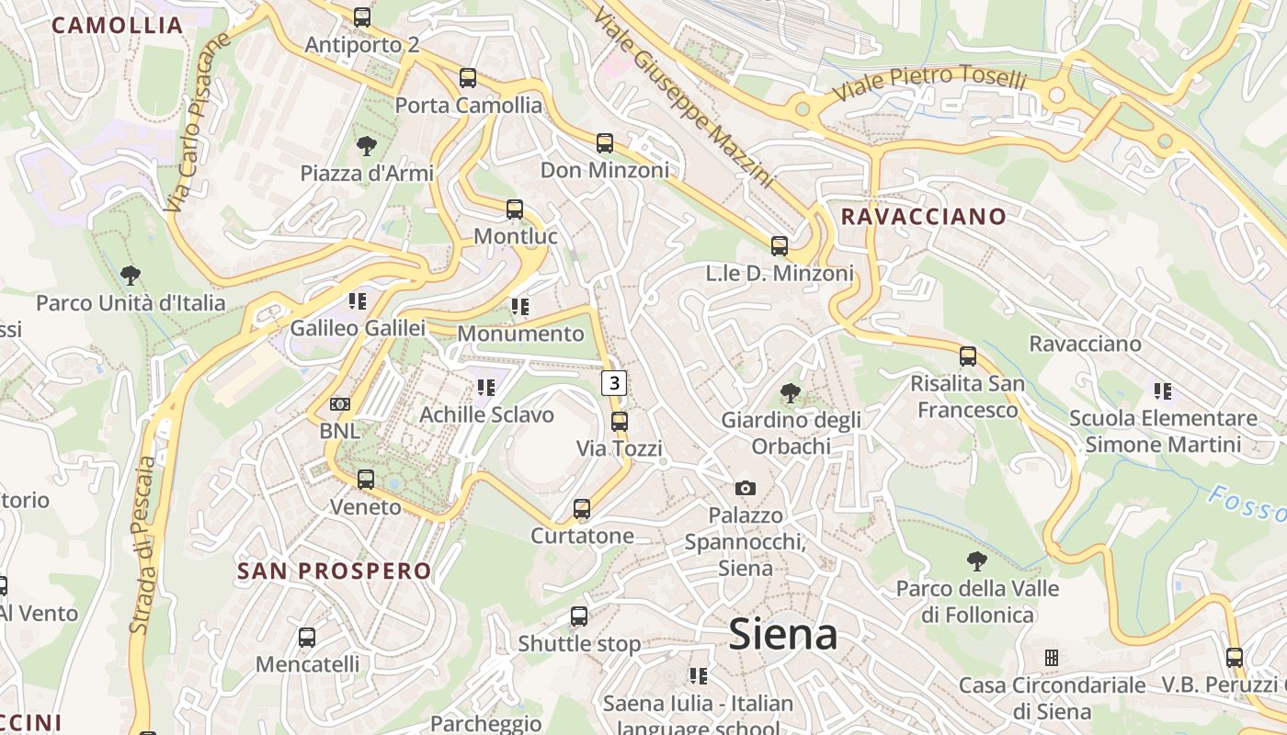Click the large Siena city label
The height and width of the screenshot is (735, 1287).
[x=783, y=635]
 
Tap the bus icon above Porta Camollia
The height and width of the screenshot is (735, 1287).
[x=468, y=78]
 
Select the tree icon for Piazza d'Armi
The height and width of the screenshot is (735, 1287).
[x=366, y=145]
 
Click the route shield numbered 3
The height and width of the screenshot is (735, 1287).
[x=614, y=382]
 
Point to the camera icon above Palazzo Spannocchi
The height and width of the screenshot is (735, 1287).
[x=745, y=488]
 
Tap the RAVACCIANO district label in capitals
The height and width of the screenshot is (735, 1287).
[x=924, y=217]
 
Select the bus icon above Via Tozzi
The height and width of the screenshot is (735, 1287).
[x=620, y=422]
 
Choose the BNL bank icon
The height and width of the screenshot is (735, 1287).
[x=340, y=404]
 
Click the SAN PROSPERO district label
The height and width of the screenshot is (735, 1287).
[x=335, y=571]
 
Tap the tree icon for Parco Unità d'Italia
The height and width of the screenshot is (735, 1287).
[x=131, y=275]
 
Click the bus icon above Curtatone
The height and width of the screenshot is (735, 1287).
[x=582, y=509]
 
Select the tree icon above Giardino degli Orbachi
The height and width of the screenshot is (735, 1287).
[x=790, y=393]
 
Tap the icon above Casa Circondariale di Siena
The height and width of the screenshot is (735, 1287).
[x=1052, y=658]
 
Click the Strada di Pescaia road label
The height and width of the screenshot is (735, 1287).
[x=145, y=542]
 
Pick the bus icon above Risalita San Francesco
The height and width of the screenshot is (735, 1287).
[x=967, y=356]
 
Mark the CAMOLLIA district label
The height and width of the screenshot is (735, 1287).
[x=118, y=26]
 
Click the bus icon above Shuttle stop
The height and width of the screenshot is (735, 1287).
[x=578, y=616]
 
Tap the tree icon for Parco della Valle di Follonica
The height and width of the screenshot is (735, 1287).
[x=977, y=560]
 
